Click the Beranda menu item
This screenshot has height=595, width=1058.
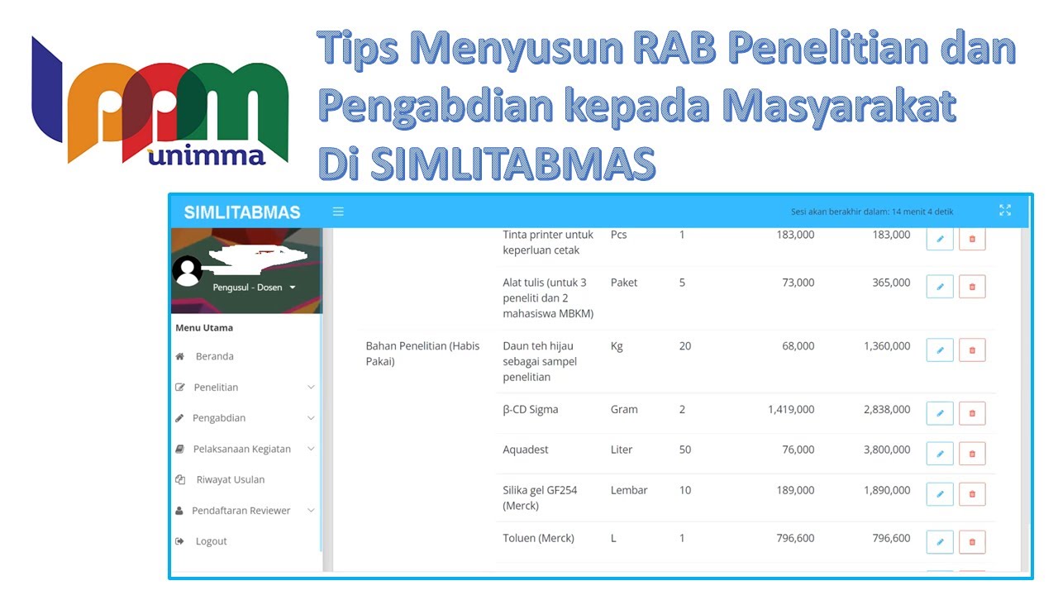pos(214,356)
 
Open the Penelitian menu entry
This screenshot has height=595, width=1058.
pos(216,387)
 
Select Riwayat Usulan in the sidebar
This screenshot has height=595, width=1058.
pos(230,479)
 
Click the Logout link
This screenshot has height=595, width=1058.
pos(211,541)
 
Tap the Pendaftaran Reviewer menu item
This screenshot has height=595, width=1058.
pos(241,511)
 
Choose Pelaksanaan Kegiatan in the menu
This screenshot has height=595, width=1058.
pos(241,449)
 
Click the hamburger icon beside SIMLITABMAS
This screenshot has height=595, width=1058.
pos(338,212)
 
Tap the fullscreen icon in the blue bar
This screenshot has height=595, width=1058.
pos(1005,211)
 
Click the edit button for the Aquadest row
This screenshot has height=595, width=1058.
pos(940,453)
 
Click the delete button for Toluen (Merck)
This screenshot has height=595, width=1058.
pos(972,542)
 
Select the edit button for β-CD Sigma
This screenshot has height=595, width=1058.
pos(940,412)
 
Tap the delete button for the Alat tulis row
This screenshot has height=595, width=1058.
pos(972,286)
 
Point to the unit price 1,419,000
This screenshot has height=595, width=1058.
pos(790,409)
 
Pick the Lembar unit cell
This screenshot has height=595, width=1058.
pos(628,490)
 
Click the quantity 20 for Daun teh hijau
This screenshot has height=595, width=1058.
pos(684,346)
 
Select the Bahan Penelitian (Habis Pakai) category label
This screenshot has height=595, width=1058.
pos(418,354)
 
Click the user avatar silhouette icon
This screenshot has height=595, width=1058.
pos(188,271)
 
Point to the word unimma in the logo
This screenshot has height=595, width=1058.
pos(207,155)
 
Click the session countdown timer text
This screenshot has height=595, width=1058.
pos(871,212)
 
